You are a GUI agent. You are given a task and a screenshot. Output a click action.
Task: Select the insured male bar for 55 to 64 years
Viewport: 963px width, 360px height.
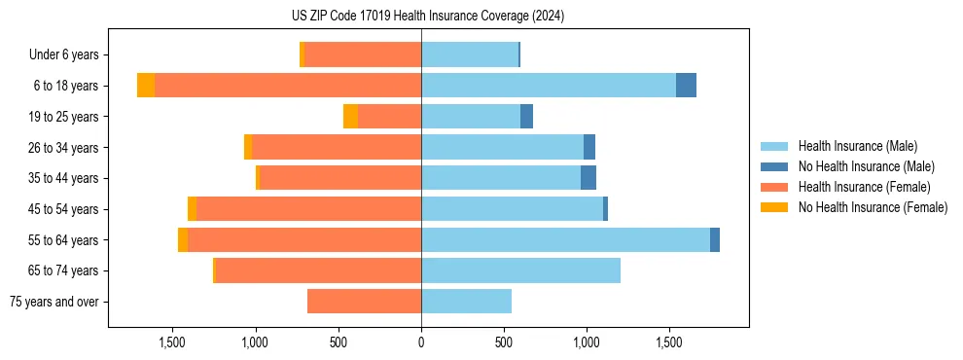565,239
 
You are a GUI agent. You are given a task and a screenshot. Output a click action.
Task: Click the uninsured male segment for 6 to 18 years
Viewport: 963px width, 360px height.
686,86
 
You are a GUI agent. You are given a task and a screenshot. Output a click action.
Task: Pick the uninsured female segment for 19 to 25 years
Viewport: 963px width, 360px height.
350,117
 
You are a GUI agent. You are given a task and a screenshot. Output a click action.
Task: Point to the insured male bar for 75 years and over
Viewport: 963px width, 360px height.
466,302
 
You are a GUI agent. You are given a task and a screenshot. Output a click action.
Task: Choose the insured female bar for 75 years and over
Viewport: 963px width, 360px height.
364,302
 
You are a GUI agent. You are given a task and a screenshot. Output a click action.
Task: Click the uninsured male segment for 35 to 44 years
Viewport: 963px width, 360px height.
588,178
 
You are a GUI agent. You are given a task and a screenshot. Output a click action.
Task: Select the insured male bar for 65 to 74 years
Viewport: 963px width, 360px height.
520,270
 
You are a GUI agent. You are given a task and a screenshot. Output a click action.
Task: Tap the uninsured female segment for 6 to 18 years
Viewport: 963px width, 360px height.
146,86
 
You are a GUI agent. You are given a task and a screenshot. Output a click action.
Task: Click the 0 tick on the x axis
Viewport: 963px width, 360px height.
421,342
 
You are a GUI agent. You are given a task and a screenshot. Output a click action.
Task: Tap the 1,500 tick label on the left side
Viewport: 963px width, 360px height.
172,342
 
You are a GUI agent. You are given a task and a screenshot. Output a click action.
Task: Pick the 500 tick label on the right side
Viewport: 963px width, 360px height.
504,342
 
